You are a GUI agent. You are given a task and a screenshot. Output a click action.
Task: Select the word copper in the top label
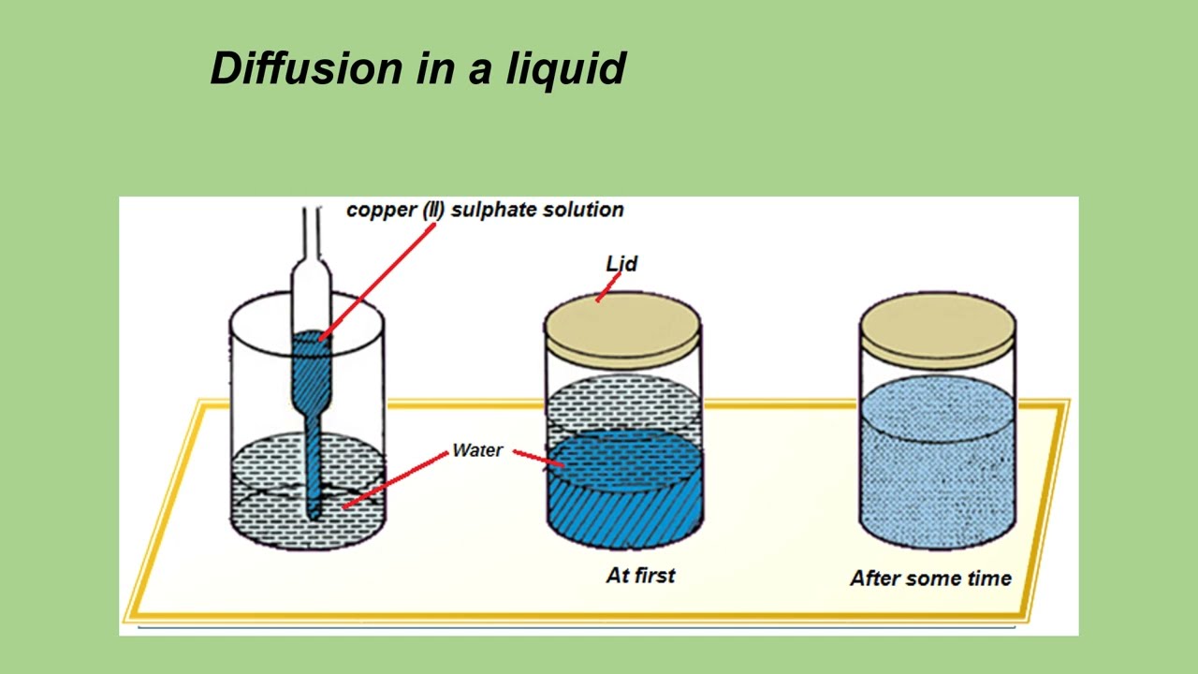(381, 211)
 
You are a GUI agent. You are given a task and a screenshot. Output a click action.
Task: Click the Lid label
(621, 263)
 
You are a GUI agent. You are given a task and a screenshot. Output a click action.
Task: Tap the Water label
(477, 450)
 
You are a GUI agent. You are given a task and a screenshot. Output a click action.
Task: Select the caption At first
(640, 575)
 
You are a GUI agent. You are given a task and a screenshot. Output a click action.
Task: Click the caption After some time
(930, 578)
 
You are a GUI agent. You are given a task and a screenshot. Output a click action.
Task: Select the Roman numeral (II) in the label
(432, 211)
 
